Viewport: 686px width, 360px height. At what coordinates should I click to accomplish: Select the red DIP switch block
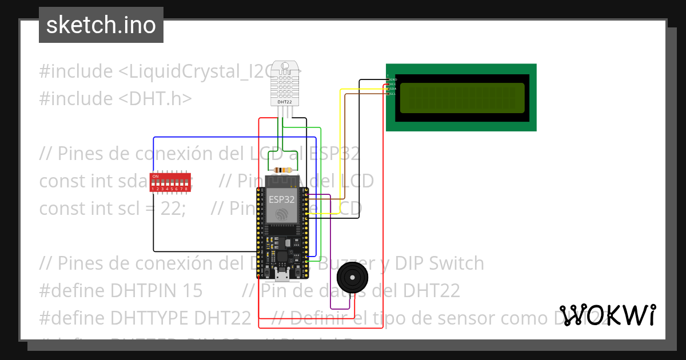coord(170,182)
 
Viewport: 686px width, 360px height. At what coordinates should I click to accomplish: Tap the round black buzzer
coord(350,278)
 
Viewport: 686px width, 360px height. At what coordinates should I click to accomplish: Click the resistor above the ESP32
coord(284,170)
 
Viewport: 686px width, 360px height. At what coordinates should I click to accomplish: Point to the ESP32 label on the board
coord(282,199)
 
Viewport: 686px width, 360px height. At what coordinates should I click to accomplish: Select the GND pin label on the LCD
coord(393,79)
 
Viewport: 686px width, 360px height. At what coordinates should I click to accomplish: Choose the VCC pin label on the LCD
coord(393,84)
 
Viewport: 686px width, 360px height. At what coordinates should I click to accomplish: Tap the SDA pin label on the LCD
coord(393,89)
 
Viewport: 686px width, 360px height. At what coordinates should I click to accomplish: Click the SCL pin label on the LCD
coord(393,93)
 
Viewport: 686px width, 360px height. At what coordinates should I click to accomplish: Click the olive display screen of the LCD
coord(462,98)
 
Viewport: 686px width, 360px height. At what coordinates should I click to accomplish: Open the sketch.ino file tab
coord(101,25)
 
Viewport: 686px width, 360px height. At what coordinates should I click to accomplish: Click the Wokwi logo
coord(608,315)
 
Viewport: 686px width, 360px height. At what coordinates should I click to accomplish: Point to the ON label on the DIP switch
coord(155,176)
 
